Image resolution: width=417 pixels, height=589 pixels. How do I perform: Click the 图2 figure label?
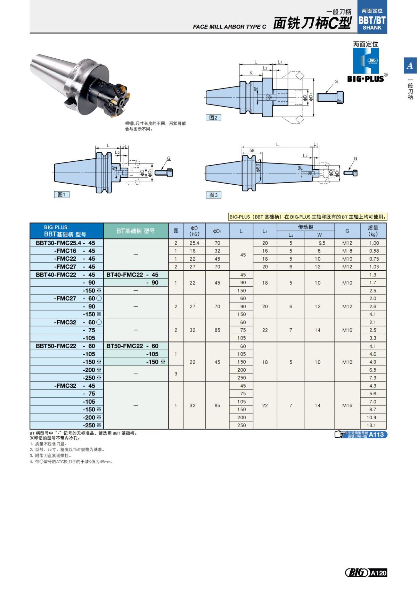click(x=213, y=118)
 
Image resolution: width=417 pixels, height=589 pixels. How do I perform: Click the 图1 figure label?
click(x=62, y=195)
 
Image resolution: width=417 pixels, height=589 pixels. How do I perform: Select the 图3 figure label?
click(x=213, y=195)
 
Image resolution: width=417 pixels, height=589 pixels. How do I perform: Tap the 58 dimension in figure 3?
click(x=252, y=150)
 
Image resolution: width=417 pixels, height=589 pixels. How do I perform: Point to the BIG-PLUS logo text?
click(x=366, y=79)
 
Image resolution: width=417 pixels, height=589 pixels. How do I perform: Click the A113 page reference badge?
click(x=376, y=434)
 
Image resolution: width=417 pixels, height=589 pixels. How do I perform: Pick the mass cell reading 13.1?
click(x=371, y=425)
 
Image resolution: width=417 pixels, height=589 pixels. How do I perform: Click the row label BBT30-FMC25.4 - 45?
click(x=65, y=243)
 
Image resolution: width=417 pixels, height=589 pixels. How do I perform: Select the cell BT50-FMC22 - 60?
click(x=132, y=346)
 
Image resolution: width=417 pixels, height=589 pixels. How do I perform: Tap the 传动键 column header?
click(x=305, y=227)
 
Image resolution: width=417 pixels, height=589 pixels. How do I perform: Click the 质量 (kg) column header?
click(x=373, y=231)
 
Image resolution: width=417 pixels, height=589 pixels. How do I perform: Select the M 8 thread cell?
click(x=347, y=251)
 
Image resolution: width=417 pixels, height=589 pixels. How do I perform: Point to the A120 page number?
click(x=378, y=573)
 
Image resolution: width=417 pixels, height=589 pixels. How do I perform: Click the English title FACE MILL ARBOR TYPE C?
click(x=229, y=27)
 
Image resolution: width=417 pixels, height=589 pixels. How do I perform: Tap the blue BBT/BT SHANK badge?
click(x=372, y=20)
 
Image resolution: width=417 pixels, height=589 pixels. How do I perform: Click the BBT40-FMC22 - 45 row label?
click(x=65, y=275)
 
